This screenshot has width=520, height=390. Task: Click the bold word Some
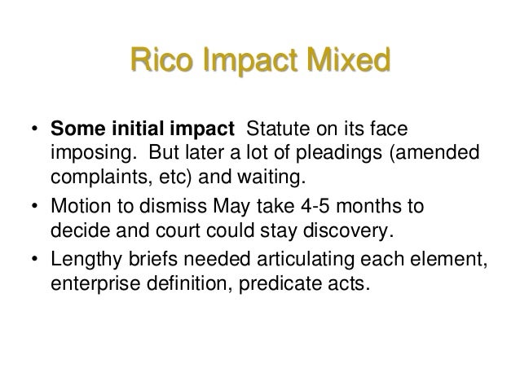[x=76, y=129]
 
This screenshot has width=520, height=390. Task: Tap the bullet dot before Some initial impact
[x=34, y=130]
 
